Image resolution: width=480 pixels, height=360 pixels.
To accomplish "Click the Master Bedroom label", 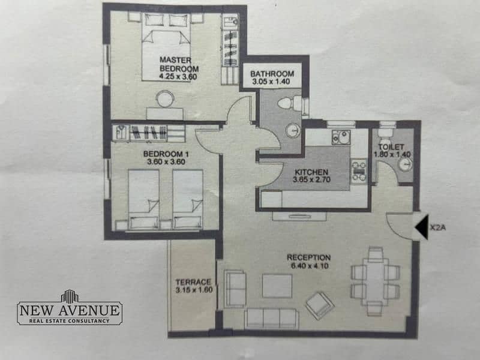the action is (x=179, y=64).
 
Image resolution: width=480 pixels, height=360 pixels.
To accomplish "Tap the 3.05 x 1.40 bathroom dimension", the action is (x=271, y=82).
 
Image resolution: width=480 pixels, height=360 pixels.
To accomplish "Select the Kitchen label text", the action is (x=311, y=172).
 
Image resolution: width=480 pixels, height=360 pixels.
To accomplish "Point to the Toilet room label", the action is (x=391, y=147).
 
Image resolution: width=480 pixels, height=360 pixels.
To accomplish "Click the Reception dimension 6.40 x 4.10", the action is (x=310, y=266).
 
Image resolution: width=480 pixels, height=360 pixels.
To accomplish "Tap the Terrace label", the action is (x=193, y=282).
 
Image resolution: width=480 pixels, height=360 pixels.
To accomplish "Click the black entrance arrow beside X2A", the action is (x=422, y=227).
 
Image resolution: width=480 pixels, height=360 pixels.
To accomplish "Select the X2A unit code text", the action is (x=438, y=227).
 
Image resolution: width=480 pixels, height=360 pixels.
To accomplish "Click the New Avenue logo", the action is (x=70, y=308).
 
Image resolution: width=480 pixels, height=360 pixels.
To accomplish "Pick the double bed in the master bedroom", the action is (x=166, y=47).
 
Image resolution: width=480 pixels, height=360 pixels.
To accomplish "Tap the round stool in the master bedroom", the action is (x=166, y=99).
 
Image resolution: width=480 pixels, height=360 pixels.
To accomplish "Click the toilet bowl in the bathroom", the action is (x=290, y=103).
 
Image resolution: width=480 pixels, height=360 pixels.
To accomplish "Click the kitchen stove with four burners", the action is (x=359, y=172).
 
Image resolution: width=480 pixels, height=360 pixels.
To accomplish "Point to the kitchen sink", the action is (x=341, y=137).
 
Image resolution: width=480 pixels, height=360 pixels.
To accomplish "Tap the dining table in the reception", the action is (x=376, y=281).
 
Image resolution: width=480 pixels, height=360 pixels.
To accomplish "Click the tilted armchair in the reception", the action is (x=320, y=305).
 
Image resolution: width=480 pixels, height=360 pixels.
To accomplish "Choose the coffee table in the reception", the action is (x=277, y=286).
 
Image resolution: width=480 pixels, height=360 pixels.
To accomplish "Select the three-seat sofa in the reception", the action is (x=272, y=319).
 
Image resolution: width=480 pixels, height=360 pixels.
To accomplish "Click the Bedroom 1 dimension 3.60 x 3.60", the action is (x=166, y=162).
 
